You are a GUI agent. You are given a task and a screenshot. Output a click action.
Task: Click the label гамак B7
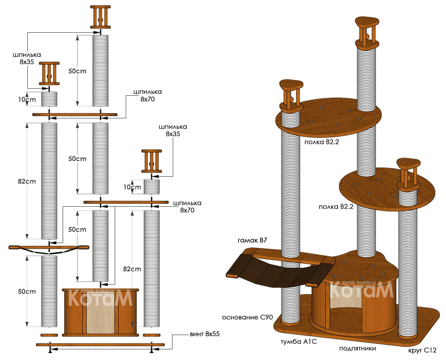coord(252,240)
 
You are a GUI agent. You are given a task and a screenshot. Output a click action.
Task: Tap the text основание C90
coord(247,317)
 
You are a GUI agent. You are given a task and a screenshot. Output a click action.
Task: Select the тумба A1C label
coord(299,342)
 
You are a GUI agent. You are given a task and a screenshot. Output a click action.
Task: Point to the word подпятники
coord(357,348)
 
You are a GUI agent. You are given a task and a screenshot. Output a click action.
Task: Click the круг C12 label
coord(422,350)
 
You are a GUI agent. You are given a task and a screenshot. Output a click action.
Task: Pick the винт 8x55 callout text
coord(204,334)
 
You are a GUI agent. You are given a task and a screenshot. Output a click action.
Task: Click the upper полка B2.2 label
coord(322,142)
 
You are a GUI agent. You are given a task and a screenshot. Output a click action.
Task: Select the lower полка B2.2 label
coord(336,207)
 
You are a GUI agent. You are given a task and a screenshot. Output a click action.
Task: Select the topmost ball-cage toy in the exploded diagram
coord(100,17)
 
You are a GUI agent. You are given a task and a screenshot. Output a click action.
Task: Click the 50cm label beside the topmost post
coord(77,71)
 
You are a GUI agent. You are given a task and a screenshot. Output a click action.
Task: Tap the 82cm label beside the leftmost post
coord(27,181)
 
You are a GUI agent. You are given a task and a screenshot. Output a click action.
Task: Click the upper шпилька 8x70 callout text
coord(148,95)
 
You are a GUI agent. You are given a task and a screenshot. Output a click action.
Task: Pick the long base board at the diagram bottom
coord(100,345)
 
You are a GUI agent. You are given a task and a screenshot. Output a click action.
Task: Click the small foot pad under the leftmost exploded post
coord(49,335)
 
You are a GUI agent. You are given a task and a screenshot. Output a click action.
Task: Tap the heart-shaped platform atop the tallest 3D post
coord(367,22)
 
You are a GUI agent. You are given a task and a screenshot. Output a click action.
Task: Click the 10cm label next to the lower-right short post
coord(132,187)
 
